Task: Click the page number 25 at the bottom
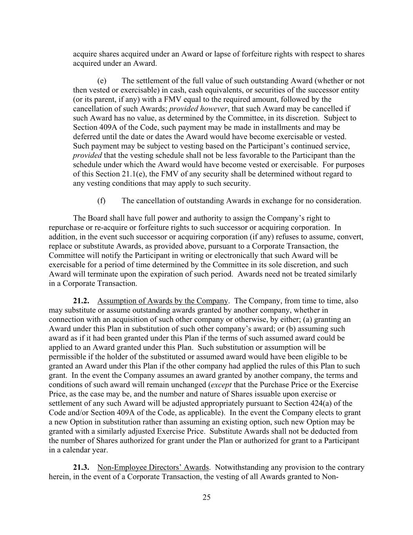coord(206,497)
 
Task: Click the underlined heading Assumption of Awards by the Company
coord(162,301)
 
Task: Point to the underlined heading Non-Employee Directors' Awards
coord(153,467)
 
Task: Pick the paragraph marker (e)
coord(102,81)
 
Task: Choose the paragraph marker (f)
coord(101,201)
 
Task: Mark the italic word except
coord(221,384)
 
